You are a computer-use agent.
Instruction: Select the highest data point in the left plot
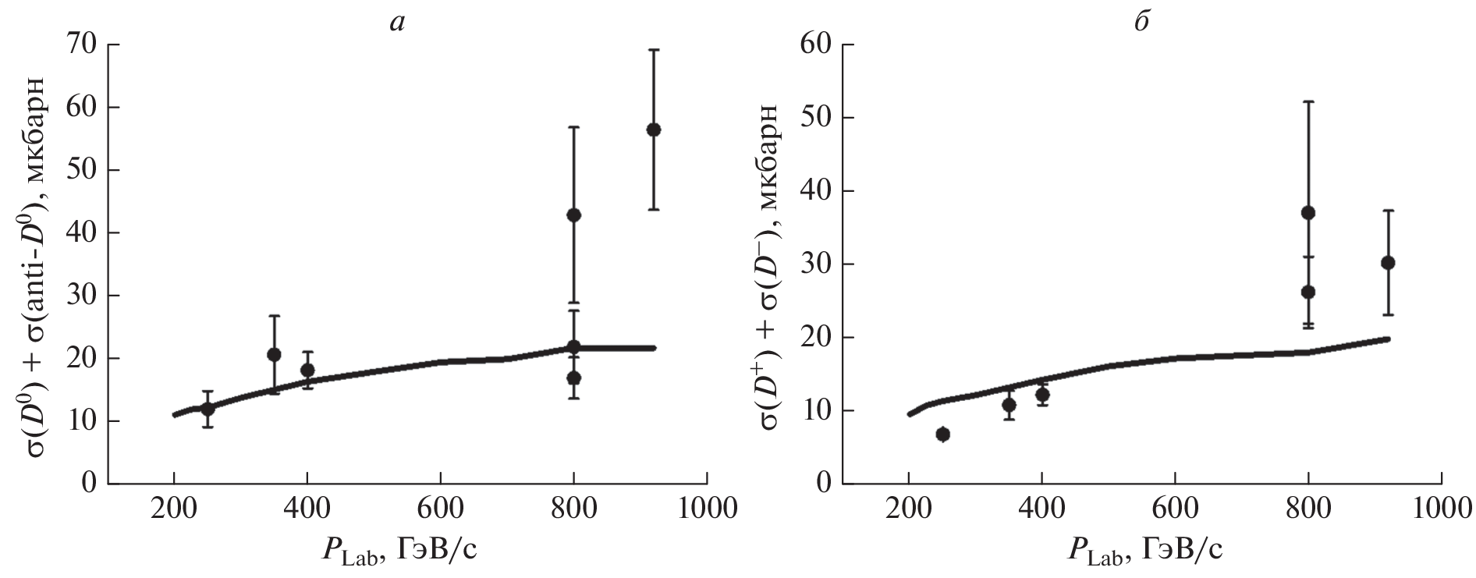coord(654,129)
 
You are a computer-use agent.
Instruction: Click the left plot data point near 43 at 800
coord(573,215)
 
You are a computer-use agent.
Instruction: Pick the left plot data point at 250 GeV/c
coord(208,408)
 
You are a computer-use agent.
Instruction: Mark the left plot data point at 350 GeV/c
coord(274,354)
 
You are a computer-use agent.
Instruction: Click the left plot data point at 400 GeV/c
coord(307,370)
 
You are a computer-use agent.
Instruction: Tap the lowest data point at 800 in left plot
coord(573,378)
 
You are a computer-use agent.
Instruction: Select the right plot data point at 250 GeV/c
coord(942,434)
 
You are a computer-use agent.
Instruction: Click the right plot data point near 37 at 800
coord(1308,212)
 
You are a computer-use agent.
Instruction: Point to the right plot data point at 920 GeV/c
coord(1388,262)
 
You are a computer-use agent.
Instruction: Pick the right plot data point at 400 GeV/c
coord(1042,394)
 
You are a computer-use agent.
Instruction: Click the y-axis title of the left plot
coord(39,265)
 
